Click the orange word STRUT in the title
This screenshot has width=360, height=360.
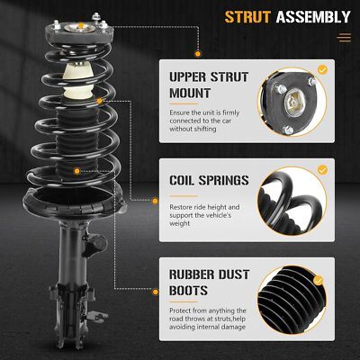tap(247, 17)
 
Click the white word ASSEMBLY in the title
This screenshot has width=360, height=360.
tap(313, 17)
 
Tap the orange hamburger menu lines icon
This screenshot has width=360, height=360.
tap(344, 38)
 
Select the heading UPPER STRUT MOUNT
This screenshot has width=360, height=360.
tap(209, 85)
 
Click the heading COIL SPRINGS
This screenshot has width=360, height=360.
tap(209, 180)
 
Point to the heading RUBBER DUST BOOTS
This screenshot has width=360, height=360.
tap(209, 283)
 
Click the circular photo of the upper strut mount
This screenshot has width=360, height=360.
tap(292, 103)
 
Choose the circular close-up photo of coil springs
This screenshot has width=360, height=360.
tap(292, 202)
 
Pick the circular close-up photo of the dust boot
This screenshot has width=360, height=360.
tap(292, 301)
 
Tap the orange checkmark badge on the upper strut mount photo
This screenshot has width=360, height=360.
tap(322, 70)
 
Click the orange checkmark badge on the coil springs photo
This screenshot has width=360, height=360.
tap(322, 170)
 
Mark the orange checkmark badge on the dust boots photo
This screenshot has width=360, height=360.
tap(318, 281)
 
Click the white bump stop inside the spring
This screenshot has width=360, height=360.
tap(77, 81)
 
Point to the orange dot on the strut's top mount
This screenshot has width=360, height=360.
tap(81, 25)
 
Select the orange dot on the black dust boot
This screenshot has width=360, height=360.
tap(77, 171)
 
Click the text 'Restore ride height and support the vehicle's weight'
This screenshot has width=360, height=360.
tap(204, 215)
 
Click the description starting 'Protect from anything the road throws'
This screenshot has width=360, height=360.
tap(208, 319)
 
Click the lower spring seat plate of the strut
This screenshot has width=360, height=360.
tap(74, 202)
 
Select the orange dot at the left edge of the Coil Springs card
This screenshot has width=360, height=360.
tap(155, 202)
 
